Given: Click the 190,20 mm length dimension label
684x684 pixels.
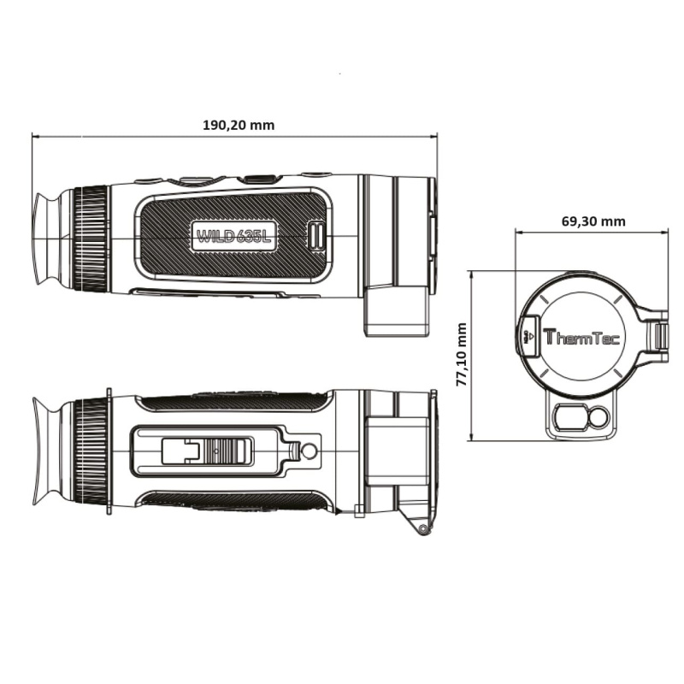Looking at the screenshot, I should [239, 124].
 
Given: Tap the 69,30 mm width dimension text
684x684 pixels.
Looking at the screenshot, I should [593, 221].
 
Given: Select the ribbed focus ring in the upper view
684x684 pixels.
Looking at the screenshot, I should [90, 238].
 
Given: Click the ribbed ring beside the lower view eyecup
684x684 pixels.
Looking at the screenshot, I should [90, 450].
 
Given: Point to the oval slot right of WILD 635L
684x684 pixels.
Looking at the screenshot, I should [316, 236].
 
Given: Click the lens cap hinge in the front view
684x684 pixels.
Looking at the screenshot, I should [660, 336].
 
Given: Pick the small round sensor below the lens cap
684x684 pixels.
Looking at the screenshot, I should [598, 417].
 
